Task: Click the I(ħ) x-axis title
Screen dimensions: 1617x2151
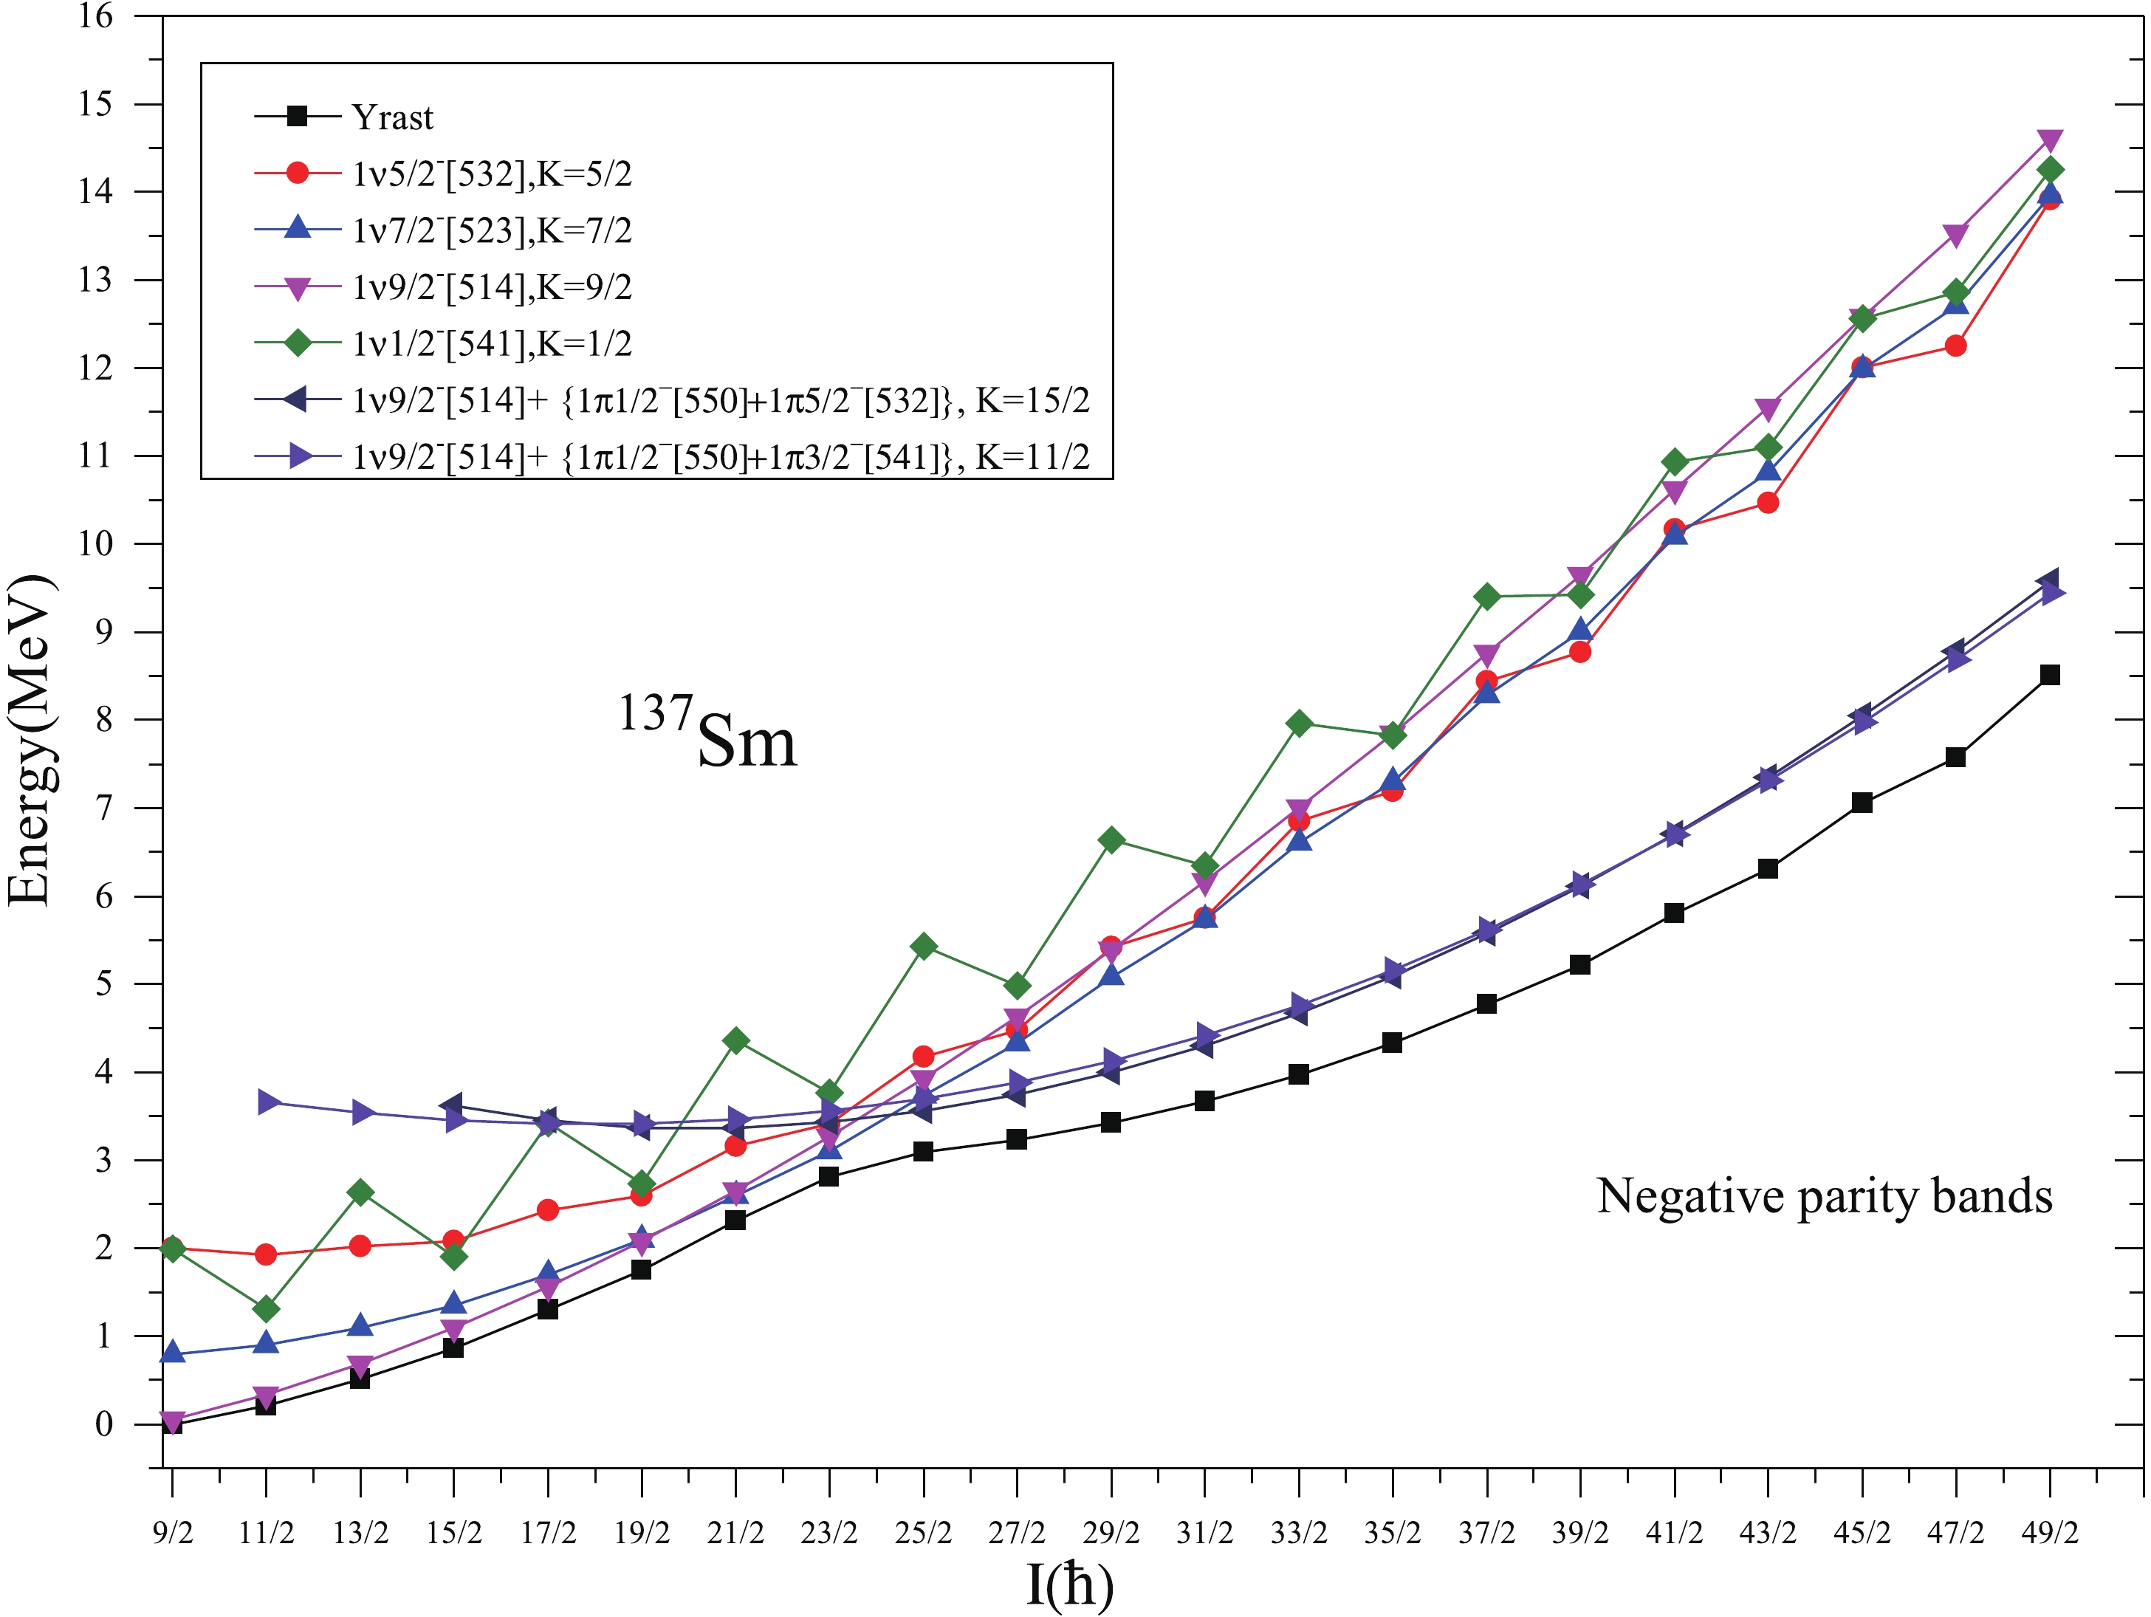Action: (x=1070, y=1583)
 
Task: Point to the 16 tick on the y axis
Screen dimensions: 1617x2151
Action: (x=95, y=16)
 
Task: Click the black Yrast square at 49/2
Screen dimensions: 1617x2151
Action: (x=2050, y=675)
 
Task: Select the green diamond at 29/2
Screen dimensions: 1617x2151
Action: (x=1111, y=840)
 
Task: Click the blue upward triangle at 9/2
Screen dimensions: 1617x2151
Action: (x=173, y=1353)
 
